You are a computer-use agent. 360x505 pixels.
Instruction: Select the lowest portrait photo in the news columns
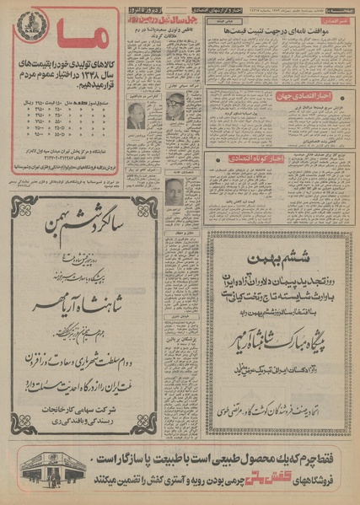[174, 191]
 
